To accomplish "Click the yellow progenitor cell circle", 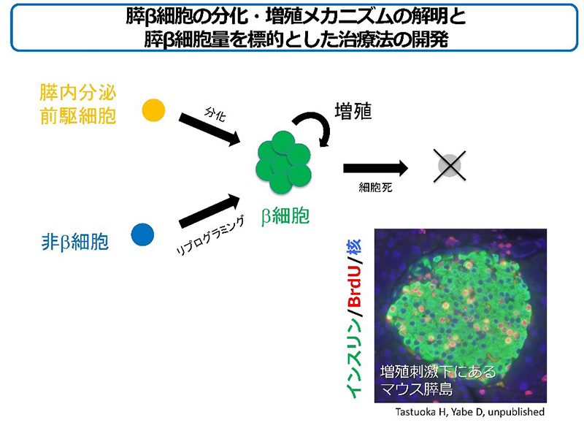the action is pyautogui.click(x=153, y=110).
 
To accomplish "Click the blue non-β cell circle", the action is pyautogui.click(x=142, y=234).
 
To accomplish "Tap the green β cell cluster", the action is pyautogui.click(x=283, y=162).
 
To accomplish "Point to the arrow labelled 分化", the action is pyautogui.click(x=210, y=129).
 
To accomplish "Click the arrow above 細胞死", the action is pyautogui.click(x=376, y=169).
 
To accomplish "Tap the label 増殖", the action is pyautogui.click(x=353, y=112).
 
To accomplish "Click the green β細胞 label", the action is pyautogui.click(x=285, y=216).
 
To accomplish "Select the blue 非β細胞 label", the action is pyautogui.click(x=75, y=242).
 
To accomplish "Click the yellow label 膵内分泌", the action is pyautogui.click(x=78, y=93).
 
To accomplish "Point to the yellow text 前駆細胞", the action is pyautogui.click(x=78, y=116).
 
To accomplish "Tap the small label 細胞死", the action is pyautogui.click(x=375, y=187).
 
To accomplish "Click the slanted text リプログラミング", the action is pyautogui.click(x=211, y=236).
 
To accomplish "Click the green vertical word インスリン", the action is pyautogui.click(x=355, y=357).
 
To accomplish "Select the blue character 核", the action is pyautogui.click(x=354, y=247).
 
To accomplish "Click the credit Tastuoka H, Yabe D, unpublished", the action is pyautogui.click(x=469, y=412).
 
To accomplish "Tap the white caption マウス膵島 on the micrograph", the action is pyautogui.click(x=416, y=389).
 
